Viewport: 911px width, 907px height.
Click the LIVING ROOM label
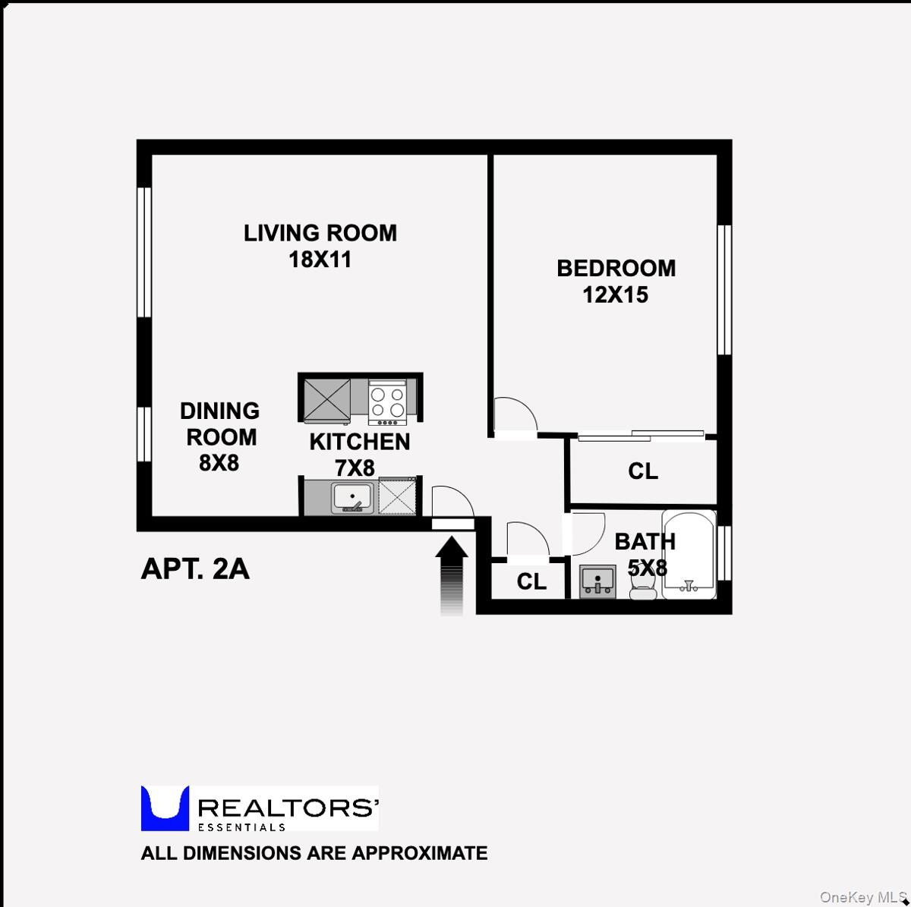coord(320,233)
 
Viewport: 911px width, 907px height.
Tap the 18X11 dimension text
coord(320,260)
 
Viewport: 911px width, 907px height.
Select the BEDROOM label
coord(616,268)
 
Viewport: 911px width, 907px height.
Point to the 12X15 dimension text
coord(615,294)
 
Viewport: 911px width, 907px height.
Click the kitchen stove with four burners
coord(386,401)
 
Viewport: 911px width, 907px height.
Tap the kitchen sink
coord(351,498)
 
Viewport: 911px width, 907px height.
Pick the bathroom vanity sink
coord(598,581)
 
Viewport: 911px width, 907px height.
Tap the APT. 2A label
coord(195,568)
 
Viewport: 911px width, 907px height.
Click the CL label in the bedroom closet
coord(642,471)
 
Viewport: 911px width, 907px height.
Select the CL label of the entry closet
coord(531,581)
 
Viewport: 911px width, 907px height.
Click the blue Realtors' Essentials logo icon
coord(165,808)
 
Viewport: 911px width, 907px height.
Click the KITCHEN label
coord(359,442)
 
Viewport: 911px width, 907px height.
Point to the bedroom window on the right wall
coord(724,289)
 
